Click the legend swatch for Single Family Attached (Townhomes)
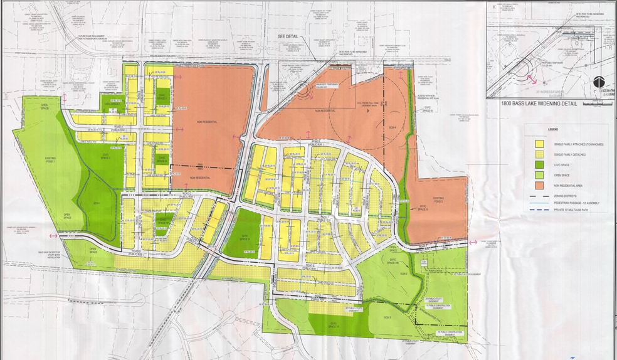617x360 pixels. (539, 144)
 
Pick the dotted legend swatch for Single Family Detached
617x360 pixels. (539, 154)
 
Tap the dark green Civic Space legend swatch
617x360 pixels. (539, 165)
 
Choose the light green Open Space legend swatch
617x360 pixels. (539, 175)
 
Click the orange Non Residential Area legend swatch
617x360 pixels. (539, 186)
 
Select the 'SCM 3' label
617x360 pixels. (387, 318)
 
